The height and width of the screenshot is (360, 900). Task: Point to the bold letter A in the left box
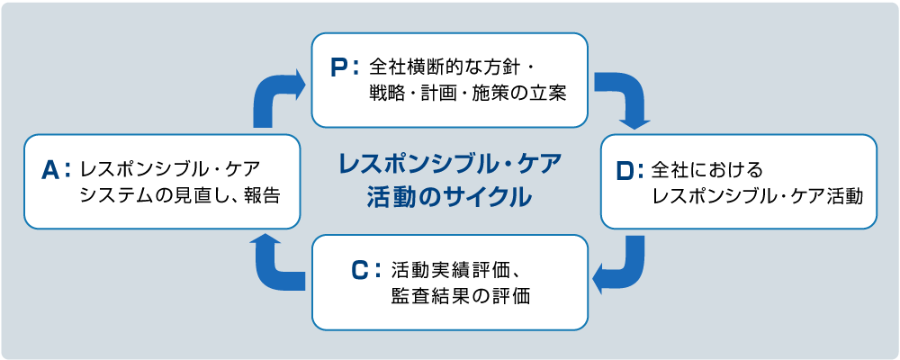click(x=50, y=168)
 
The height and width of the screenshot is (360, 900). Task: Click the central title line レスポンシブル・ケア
click(x=449, y=165)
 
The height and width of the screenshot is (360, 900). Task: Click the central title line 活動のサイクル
click(x=449, y=196)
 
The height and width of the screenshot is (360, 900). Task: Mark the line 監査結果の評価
click(x=454, y=294)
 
